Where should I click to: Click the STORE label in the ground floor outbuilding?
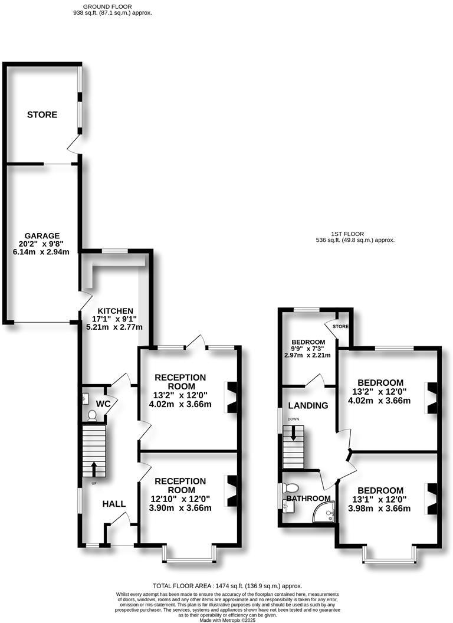coord(42,114)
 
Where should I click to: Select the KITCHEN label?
coord(115,311)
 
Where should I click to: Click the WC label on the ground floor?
coord(103,404)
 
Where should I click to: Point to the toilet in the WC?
coord(91,415)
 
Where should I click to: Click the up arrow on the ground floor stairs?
coord(93,468)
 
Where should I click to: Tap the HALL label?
coord(114,504)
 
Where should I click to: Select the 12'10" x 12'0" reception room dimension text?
coord(180,499)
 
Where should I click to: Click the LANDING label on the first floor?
coord(308,405)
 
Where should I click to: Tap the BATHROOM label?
coord(308,499)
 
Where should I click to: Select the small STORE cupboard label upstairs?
coord(340,326)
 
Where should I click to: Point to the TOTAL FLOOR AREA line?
coord(227,585)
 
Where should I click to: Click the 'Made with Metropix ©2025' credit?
coord(226,620)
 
